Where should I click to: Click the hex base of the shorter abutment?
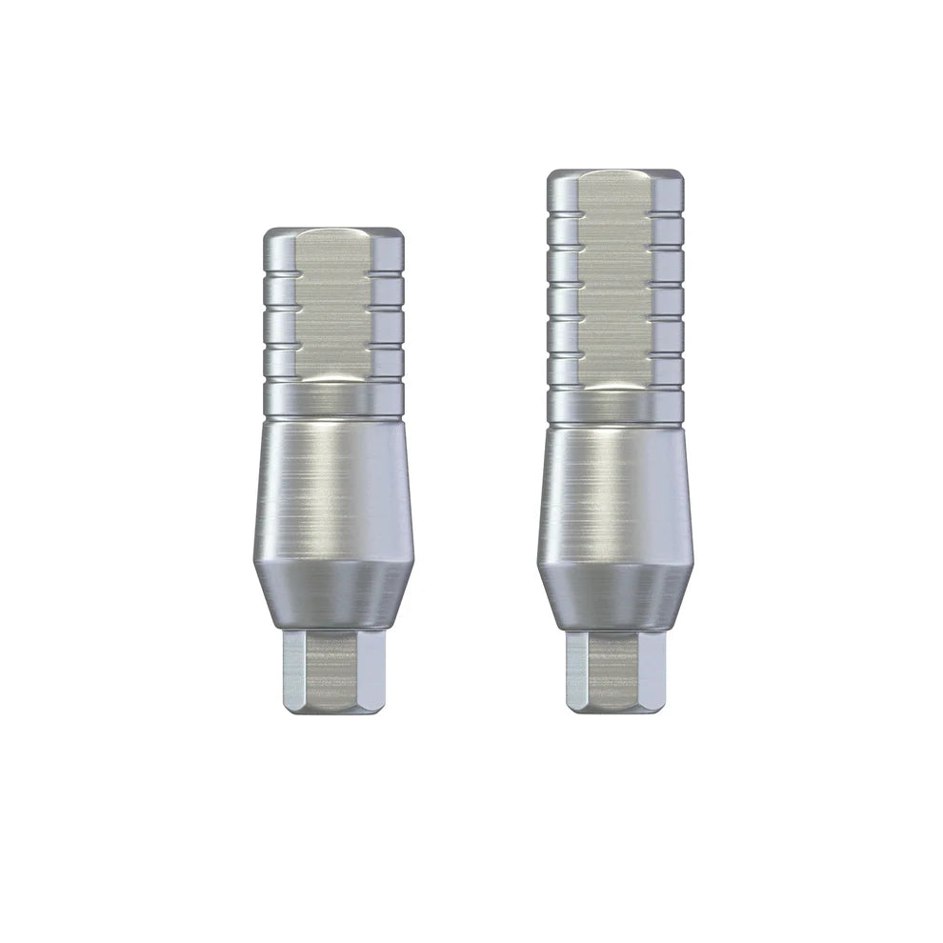[331, 671]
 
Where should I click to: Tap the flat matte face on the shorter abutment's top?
[330, 305]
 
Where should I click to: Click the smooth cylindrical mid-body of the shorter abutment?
[331, 486]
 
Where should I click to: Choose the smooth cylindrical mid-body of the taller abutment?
[614, 486]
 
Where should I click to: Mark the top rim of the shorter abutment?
[331, 231]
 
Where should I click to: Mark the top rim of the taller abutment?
[614, 174]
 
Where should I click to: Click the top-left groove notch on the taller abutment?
[562, 218]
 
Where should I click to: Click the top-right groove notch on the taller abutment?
[669, 218]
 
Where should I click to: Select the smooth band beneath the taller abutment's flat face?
[614, 405]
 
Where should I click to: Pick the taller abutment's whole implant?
[614, 438]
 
